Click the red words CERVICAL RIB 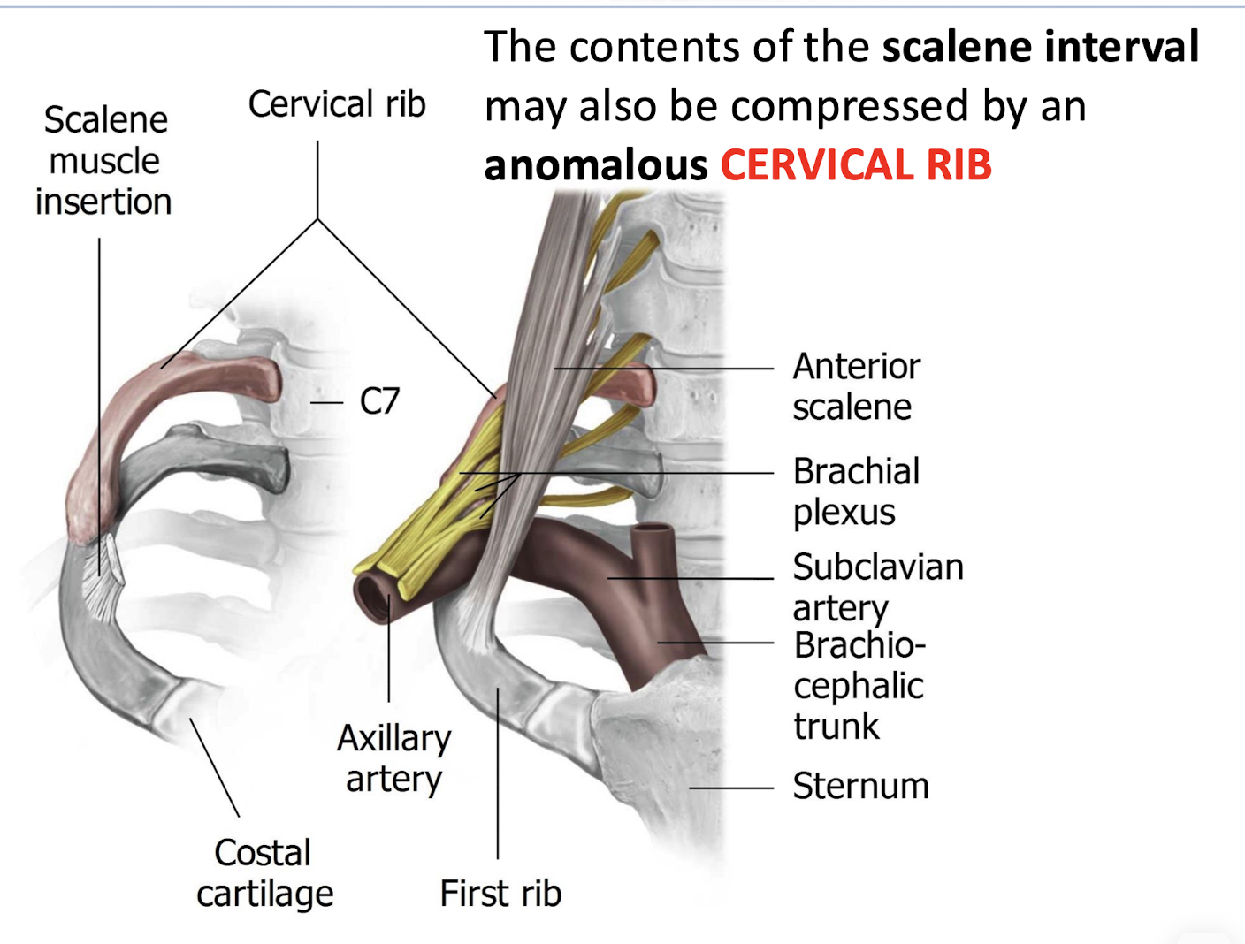pos(856,165)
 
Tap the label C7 pos(379,402)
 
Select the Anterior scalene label pos(855,386)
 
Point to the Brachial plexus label pos(855,491)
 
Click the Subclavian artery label pos(876,587)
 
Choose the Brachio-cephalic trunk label pos(858,685)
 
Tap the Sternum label pos(860,786)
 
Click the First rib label pos(500,894)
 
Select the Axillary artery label pos(393,758)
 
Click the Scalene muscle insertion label pos(104,161)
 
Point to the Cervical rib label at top pos(337,104)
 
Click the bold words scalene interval pos(1040,46)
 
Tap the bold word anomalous pos(595,165)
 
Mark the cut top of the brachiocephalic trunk pos(653,532)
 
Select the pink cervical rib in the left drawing pos(177,398)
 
